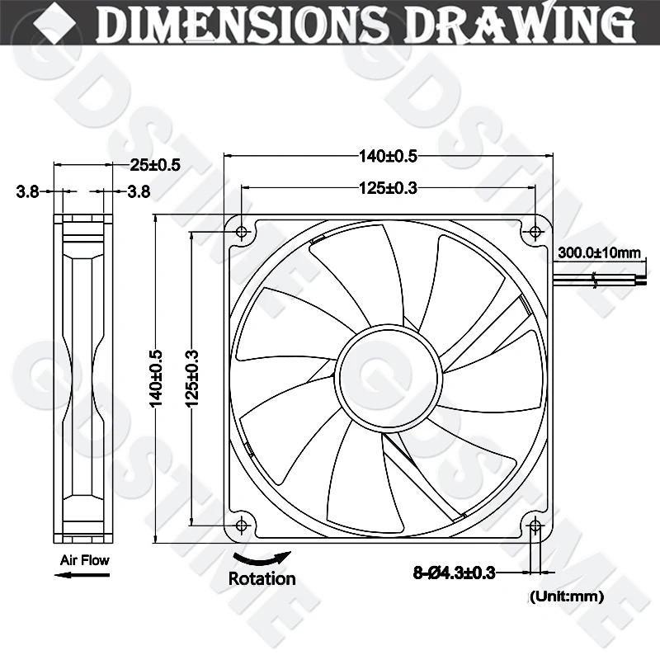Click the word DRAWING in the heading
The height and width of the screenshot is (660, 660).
click(x=521, y=22)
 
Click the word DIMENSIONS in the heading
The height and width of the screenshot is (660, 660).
click(x=239, y=24)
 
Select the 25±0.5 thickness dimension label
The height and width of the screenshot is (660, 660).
click(x=155, y=165)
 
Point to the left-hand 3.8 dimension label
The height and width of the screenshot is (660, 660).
click(x=27, y=192)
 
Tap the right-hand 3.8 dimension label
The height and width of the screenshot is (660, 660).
click(x=139, y=192)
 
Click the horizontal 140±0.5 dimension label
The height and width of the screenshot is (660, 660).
click(x=388, y=156)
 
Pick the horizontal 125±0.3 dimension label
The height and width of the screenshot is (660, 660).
click(x=388, y=188)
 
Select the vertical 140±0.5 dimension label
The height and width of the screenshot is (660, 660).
click(x=156, y=379)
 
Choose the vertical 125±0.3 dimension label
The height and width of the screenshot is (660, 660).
click(x=191, y=379)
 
